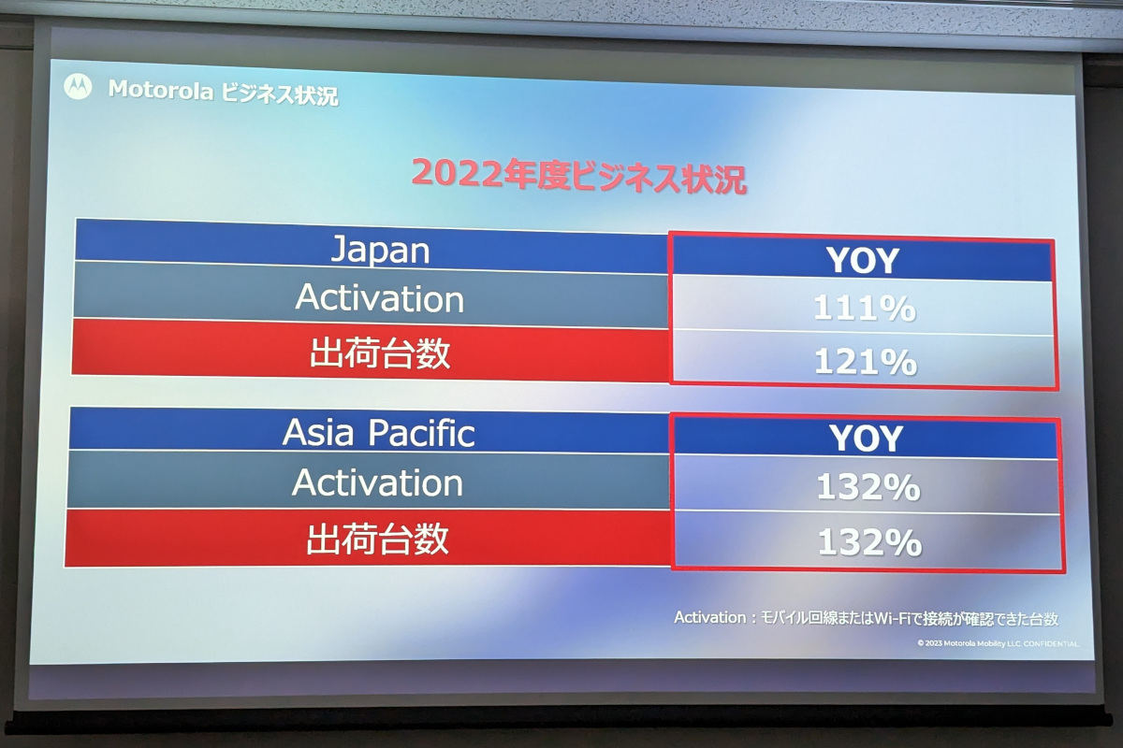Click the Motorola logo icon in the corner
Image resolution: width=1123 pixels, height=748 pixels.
point(78,87)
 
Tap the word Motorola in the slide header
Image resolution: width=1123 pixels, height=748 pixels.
point(161,90)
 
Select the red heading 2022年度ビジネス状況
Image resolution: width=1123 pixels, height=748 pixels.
point(579,176)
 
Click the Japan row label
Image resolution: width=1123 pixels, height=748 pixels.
point(381,250)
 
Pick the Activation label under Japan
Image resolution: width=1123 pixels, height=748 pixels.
point(380,298)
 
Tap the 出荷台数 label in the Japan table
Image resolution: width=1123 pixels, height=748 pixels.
point(380,353)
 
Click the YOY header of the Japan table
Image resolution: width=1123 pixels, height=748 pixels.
point(863,261)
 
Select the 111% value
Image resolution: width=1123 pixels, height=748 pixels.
point(865,309)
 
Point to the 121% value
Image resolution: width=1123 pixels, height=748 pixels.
point(866,362)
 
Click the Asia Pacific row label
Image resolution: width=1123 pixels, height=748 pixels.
point(378,433)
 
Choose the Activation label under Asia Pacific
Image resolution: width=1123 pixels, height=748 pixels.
point(377,483)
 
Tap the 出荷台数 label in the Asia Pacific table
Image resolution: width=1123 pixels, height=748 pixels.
point(377,539)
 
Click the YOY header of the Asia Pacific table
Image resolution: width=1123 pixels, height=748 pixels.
point(867,439)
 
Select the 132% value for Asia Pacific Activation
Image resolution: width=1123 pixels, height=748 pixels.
point(868,487)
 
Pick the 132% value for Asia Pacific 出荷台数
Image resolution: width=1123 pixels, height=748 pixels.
point(869,542)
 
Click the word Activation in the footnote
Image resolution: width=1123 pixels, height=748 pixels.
point(710,617)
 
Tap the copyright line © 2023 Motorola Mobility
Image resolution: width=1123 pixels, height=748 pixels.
point(998,644)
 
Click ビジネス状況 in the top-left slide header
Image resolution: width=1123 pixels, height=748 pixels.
point(280,94)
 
